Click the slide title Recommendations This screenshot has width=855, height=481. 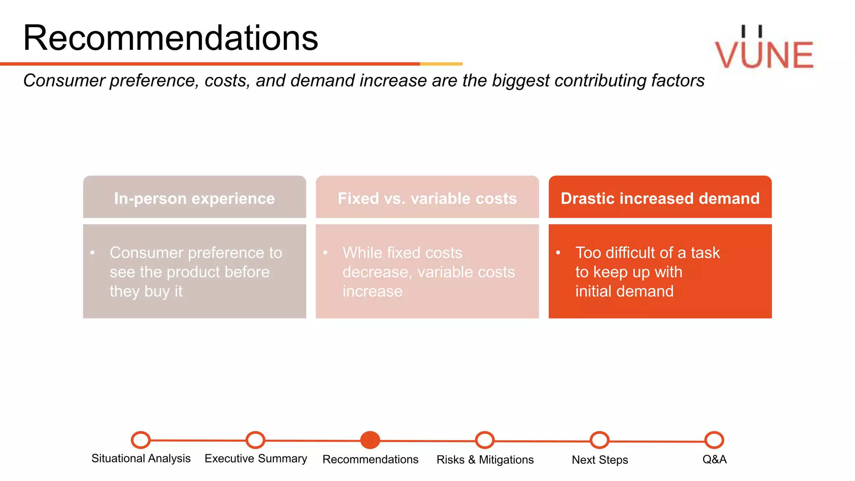pyautogui.click(x=170, y=38)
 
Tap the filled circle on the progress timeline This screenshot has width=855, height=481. pyautogui.click(x=370, y=440)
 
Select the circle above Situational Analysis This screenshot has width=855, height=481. pyautogui.click(x=141, y=440)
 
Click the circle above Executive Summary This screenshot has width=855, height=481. pyautogui.click(x=255, y=440)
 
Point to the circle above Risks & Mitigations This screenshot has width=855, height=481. pyautogui.click(x=485, y=440)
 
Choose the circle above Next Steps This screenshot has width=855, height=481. pyautogui.click(x=600, y=440)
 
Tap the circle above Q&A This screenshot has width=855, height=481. pyautogui.click(x=714, y=440)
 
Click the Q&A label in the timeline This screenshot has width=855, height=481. pyautogui.click(x=714, y=459)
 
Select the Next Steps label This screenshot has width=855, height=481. pyautogui.click(x=600, y=460)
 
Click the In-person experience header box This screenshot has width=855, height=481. pyautogui.click(x=195, y=198)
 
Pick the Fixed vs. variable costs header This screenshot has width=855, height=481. pyautogui.click(x=427, y=198)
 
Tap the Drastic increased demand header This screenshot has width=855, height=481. pyautogui.click(x=660, y=198)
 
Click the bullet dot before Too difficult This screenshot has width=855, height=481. pyautogui.click(x=558, y=252)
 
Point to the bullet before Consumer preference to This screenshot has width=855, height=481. pyautogui.click(x=93, y=252)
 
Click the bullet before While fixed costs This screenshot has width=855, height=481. pyautogui.click(x=325, y=252)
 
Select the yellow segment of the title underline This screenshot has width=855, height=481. pyautogui.click(x=441, y=64)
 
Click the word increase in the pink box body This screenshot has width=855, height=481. pyautogui.click(x=372, y=291)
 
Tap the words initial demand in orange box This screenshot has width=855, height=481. pyautogui.click(x=624, y=291)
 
